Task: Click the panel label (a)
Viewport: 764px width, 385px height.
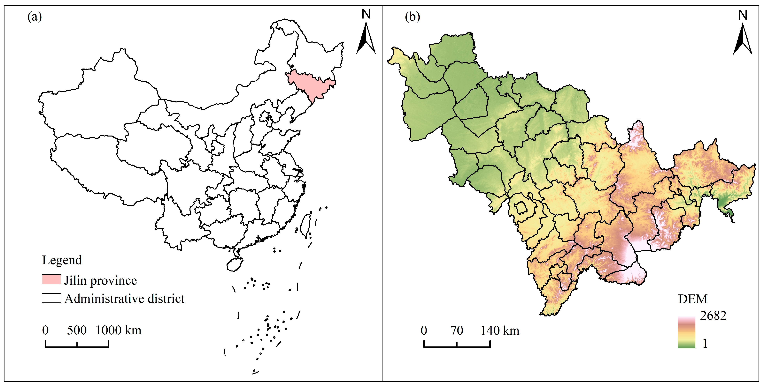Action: pos(34,17)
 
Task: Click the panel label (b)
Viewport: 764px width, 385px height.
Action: pos(412,17)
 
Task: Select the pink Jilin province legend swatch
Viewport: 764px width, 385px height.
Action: pos(51,280)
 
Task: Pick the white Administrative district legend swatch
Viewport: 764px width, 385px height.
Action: pos(51,298)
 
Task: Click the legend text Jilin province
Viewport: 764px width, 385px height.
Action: pos(101,280)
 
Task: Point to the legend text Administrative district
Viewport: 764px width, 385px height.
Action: pos(125,299)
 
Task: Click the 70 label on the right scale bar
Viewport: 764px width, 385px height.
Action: pos(457,330)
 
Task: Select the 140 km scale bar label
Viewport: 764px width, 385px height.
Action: pos(500,330)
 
